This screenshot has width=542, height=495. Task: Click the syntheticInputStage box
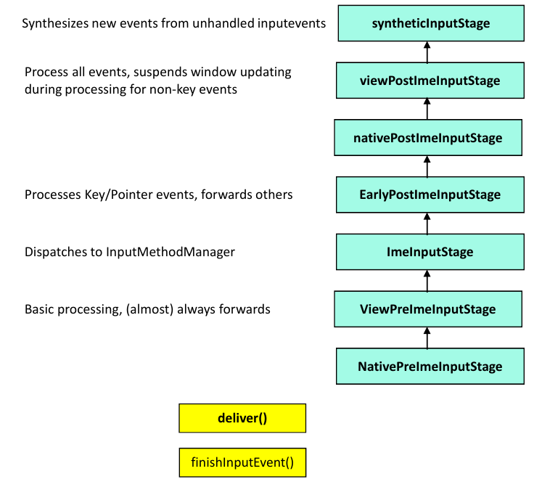click(x=431, y=23)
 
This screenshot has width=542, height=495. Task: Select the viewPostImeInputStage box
click(x=430, y=81)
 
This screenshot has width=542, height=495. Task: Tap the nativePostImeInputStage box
click(x=428, y=138)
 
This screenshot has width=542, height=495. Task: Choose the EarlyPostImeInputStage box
click(x=430, y=195)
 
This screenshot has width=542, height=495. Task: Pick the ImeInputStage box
click(x=430, y=252)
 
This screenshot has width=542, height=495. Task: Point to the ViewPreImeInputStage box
click(x=428, y=309)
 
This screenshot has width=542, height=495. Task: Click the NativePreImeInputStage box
click(x=430, y=367)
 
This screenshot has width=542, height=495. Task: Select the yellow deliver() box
click(x=242, y=418)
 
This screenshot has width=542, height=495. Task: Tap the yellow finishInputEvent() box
click(x=242, y=462)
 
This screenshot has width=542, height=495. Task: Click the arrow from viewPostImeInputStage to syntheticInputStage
click(x=427, y=52)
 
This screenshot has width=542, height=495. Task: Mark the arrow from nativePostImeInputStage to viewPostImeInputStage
click(x=427, y=109)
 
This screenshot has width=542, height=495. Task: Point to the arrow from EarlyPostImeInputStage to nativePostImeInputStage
click(x=427, y=166)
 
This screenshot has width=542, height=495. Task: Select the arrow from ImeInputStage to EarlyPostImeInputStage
click(x=427, y=224)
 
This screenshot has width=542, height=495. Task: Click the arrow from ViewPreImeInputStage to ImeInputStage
click(x=427, y=281)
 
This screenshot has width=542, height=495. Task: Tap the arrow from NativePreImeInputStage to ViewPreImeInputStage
click(x=427, y=337)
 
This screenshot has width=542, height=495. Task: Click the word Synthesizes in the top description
click(x=55, y=23)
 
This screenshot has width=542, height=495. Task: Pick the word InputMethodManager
click(x=171, y=252)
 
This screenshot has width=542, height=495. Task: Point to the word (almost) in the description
click(x=149, y=309)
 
